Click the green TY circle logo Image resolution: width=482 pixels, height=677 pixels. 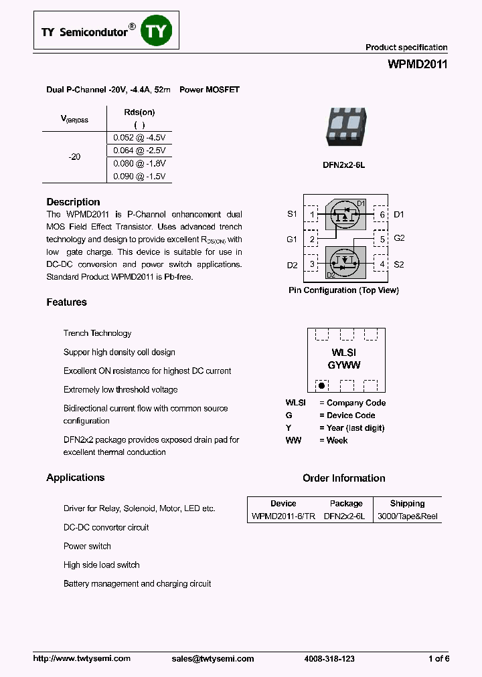tap(156, 30)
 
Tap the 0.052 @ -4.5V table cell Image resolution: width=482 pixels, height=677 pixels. tap(139, 137)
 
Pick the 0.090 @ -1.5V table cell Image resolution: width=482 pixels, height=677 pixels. tap(139, 176)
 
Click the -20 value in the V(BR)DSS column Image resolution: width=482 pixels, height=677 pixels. tap(74, 157)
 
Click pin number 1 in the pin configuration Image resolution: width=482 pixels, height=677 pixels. tap(311, 215)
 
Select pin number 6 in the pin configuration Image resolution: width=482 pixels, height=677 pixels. tap(382, 215)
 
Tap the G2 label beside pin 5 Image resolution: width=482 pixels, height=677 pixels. tap(399, 238)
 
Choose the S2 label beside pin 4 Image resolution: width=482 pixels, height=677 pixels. tap(399, 264)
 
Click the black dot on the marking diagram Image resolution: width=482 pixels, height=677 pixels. tap(321, 386)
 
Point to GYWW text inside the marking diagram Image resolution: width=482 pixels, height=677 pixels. tap(345, 365)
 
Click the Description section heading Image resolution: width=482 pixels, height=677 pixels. tap(73, 202)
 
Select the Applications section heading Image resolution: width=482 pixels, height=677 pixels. tap(76, 478)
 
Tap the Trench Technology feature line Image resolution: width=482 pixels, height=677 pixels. tap(97, 333)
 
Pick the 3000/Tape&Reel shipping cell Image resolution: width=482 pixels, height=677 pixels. tap(407, 516)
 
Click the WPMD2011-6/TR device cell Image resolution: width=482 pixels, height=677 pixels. tap(283, 516)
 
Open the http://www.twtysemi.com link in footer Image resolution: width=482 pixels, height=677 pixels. tap(82, 659)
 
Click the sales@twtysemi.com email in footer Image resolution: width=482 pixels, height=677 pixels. tap(213, 659)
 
